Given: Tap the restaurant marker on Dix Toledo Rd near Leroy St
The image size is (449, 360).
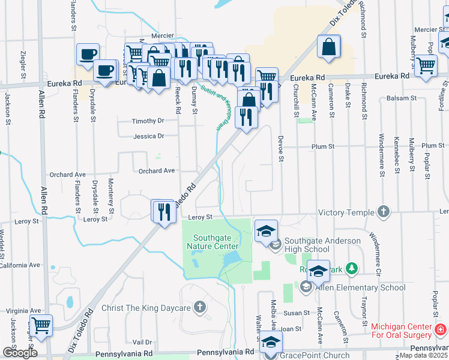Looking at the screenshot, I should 162,211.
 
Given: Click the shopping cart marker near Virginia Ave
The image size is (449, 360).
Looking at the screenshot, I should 41,325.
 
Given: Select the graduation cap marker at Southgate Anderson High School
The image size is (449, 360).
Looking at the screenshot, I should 265,231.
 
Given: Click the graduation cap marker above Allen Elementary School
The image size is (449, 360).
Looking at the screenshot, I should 318,271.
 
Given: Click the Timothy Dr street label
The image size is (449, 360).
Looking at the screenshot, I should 148,121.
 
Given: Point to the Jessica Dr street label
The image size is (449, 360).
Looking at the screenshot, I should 149,136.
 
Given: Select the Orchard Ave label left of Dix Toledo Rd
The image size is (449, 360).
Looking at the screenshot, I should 155,171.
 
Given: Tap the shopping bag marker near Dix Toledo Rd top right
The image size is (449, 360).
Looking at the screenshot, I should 329,47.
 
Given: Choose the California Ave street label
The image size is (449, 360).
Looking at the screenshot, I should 20,265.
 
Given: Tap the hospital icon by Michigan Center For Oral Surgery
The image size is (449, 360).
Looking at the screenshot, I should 441,329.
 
